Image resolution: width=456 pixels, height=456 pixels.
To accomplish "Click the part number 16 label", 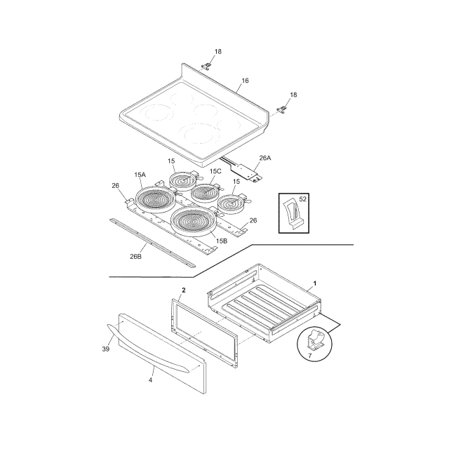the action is [x=245, y=80].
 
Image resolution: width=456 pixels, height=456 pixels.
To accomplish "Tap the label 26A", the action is [x=265, y=158].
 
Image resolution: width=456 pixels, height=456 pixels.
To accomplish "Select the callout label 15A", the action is [x=140, y=175].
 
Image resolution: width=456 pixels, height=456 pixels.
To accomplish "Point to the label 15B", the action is [x=222, y=241].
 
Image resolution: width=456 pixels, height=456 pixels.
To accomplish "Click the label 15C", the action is [x=215, y=171].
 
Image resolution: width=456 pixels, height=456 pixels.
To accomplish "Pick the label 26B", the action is [x=135, y=257].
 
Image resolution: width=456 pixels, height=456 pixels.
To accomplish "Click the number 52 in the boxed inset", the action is [x=303, y=199].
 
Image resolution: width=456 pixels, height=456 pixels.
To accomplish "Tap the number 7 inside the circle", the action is [x=309, y=356].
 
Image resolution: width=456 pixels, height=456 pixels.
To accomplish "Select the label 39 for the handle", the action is [x=105, y=349].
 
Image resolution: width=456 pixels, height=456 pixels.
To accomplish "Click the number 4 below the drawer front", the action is [x=150, y=380].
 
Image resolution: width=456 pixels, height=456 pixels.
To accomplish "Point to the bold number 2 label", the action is [x=184, y=290].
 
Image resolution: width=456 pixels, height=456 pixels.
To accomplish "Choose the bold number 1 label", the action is [x=315, y=283].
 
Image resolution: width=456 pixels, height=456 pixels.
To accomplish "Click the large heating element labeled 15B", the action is [x=194, y=220].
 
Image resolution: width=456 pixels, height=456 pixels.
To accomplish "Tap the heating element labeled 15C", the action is [x=204, y=192].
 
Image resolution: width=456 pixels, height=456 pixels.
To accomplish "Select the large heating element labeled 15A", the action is [x=156, y=200].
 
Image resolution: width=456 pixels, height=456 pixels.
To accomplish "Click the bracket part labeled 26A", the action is [x=243, y=170].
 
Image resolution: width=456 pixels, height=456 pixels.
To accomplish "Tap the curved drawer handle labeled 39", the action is [x=147, y=349].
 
